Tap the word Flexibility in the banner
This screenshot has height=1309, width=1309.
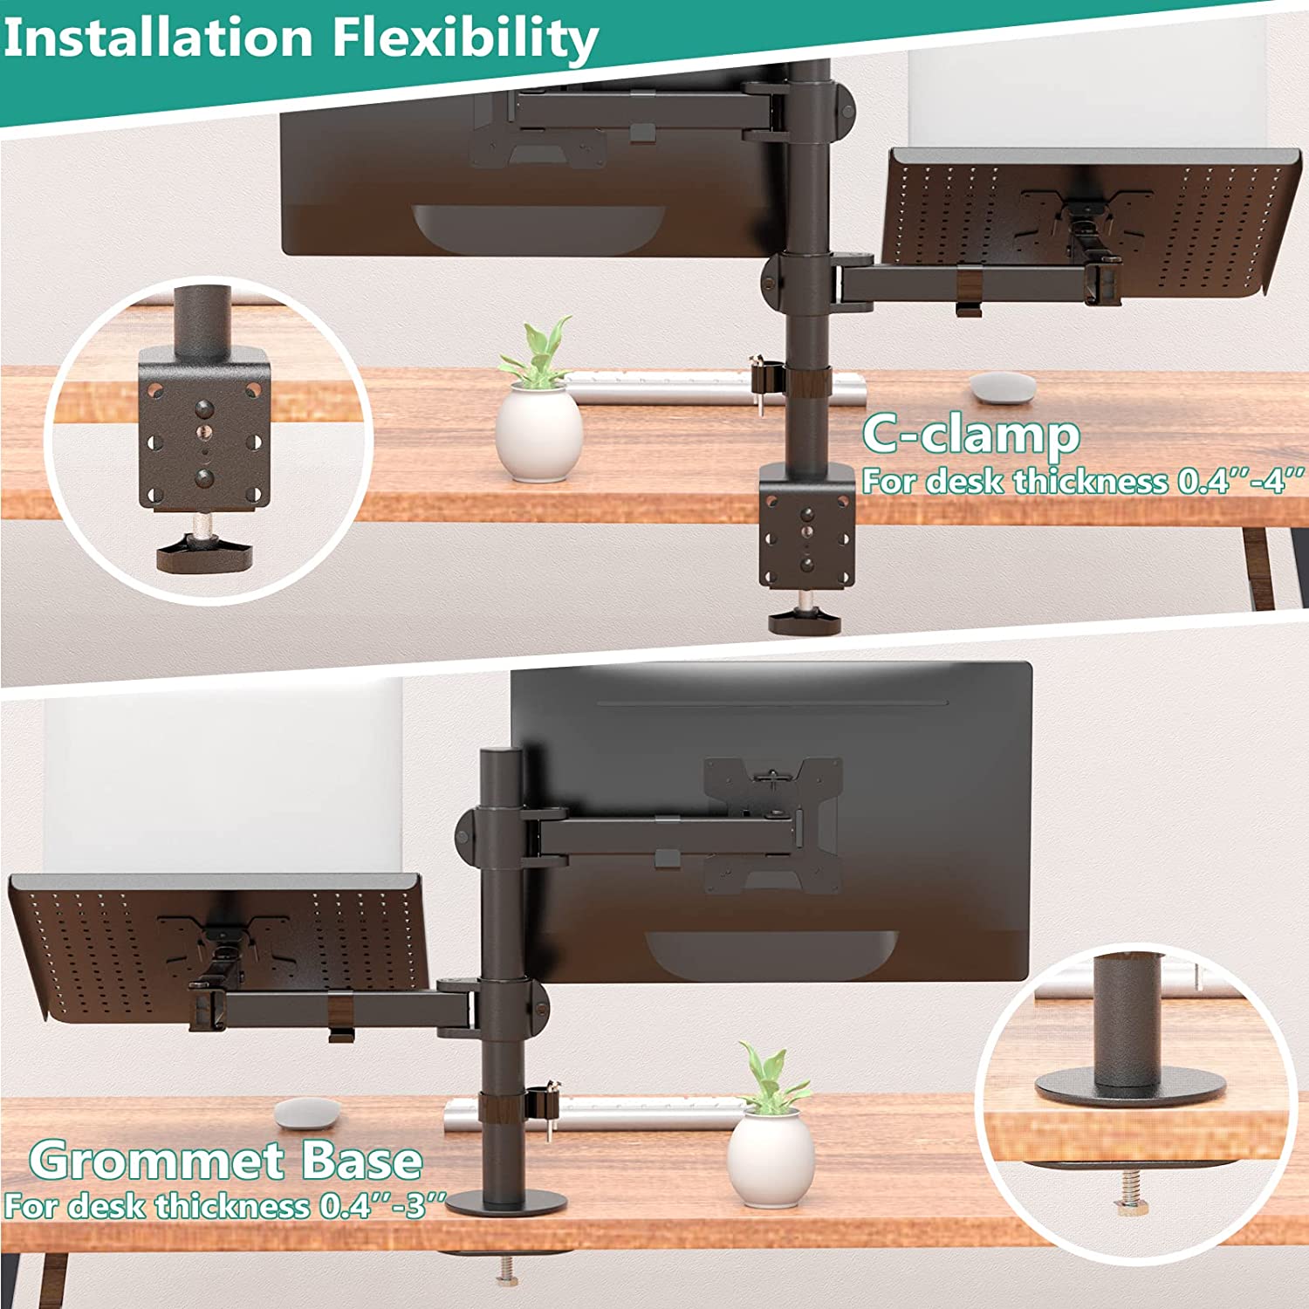(x=465, y=40)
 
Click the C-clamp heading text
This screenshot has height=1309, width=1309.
(x=970, y=434)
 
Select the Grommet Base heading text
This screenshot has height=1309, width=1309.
(x=225, y=1160)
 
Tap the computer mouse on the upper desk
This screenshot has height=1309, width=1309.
(x=1004, y=387)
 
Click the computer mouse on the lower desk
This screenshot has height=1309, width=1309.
(x=307, y=1113)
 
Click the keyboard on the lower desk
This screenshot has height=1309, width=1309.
(x=593, y=1114)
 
